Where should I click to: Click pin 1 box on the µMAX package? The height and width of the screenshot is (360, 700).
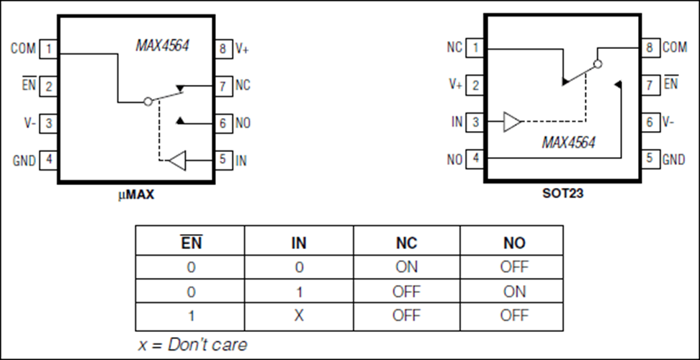tap(48, 49)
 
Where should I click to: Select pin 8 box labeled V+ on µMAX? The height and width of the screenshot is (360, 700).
tap(223, 49)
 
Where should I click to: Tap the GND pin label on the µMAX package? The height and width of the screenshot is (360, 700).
tap(24, 160)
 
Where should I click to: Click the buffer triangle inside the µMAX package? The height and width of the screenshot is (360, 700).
tap(176, 161)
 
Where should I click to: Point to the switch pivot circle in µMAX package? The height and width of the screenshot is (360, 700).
tap(148, 102)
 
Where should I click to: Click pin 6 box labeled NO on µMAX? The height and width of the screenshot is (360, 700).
tap(223, 122)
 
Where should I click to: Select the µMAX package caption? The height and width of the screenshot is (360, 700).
tap(136, 195)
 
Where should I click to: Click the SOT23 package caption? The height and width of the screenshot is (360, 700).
tap(562, 194)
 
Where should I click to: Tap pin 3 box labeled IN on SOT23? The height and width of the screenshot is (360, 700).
tap(475, 122)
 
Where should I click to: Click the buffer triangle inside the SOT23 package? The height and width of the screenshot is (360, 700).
tap(512, 122)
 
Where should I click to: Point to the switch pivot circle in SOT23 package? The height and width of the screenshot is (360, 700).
tap(598, 64)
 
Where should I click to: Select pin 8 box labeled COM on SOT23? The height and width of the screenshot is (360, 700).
tap(650, 48)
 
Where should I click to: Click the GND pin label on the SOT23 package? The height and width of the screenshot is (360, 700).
tap(673, 159)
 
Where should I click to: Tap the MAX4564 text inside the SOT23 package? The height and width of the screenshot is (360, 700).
tap(568, 143)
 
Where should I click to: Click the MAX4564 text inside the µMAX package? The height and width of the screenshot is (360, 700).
tap(163, 45)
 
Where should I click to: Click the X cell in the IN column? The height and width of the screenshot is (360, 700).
tap(299, 315)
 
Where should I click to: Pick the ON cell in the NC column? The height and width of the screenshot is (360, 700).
tap(406, 267)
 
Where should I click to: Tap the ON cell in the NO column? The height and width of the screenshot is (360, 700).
tap(514, 292)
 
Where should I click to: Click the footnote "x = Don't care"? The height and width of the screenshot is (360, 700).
tap(192, 344)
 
